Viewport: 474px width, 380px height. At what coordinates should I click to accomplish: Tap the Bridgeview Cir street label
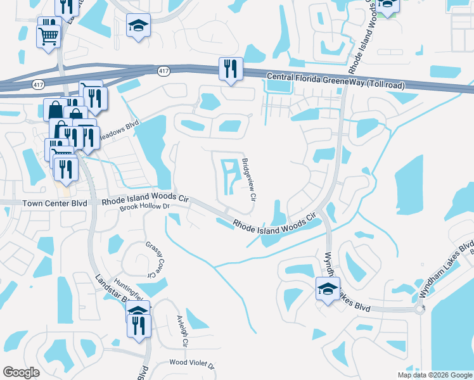click(250, 180)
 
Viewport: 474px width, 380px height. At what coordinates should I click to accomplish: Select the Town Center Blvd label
click(54, 203)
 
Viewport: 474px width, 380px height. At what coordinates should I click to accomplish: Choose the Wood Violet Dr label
click(192, 364)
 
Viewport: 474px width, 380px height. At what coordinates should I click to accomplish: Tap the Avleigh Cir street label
click(183, 331)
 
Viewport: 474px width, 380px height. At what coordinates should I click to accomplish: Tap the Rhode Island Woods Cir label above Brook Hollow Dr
click(146, 199)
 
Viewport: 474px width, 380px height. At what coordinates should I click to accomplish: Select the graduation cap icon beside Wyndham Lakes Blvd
click(328, 289)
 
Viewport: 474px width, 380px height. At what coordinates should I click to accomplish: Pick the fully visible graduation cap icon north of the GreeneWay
click(138, 25)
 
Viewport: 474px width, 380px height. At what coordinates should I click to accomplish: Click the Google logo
click(21, 372)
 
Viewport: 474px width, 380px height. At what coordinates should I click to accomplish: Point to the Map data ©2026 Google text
click(435, 375)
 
